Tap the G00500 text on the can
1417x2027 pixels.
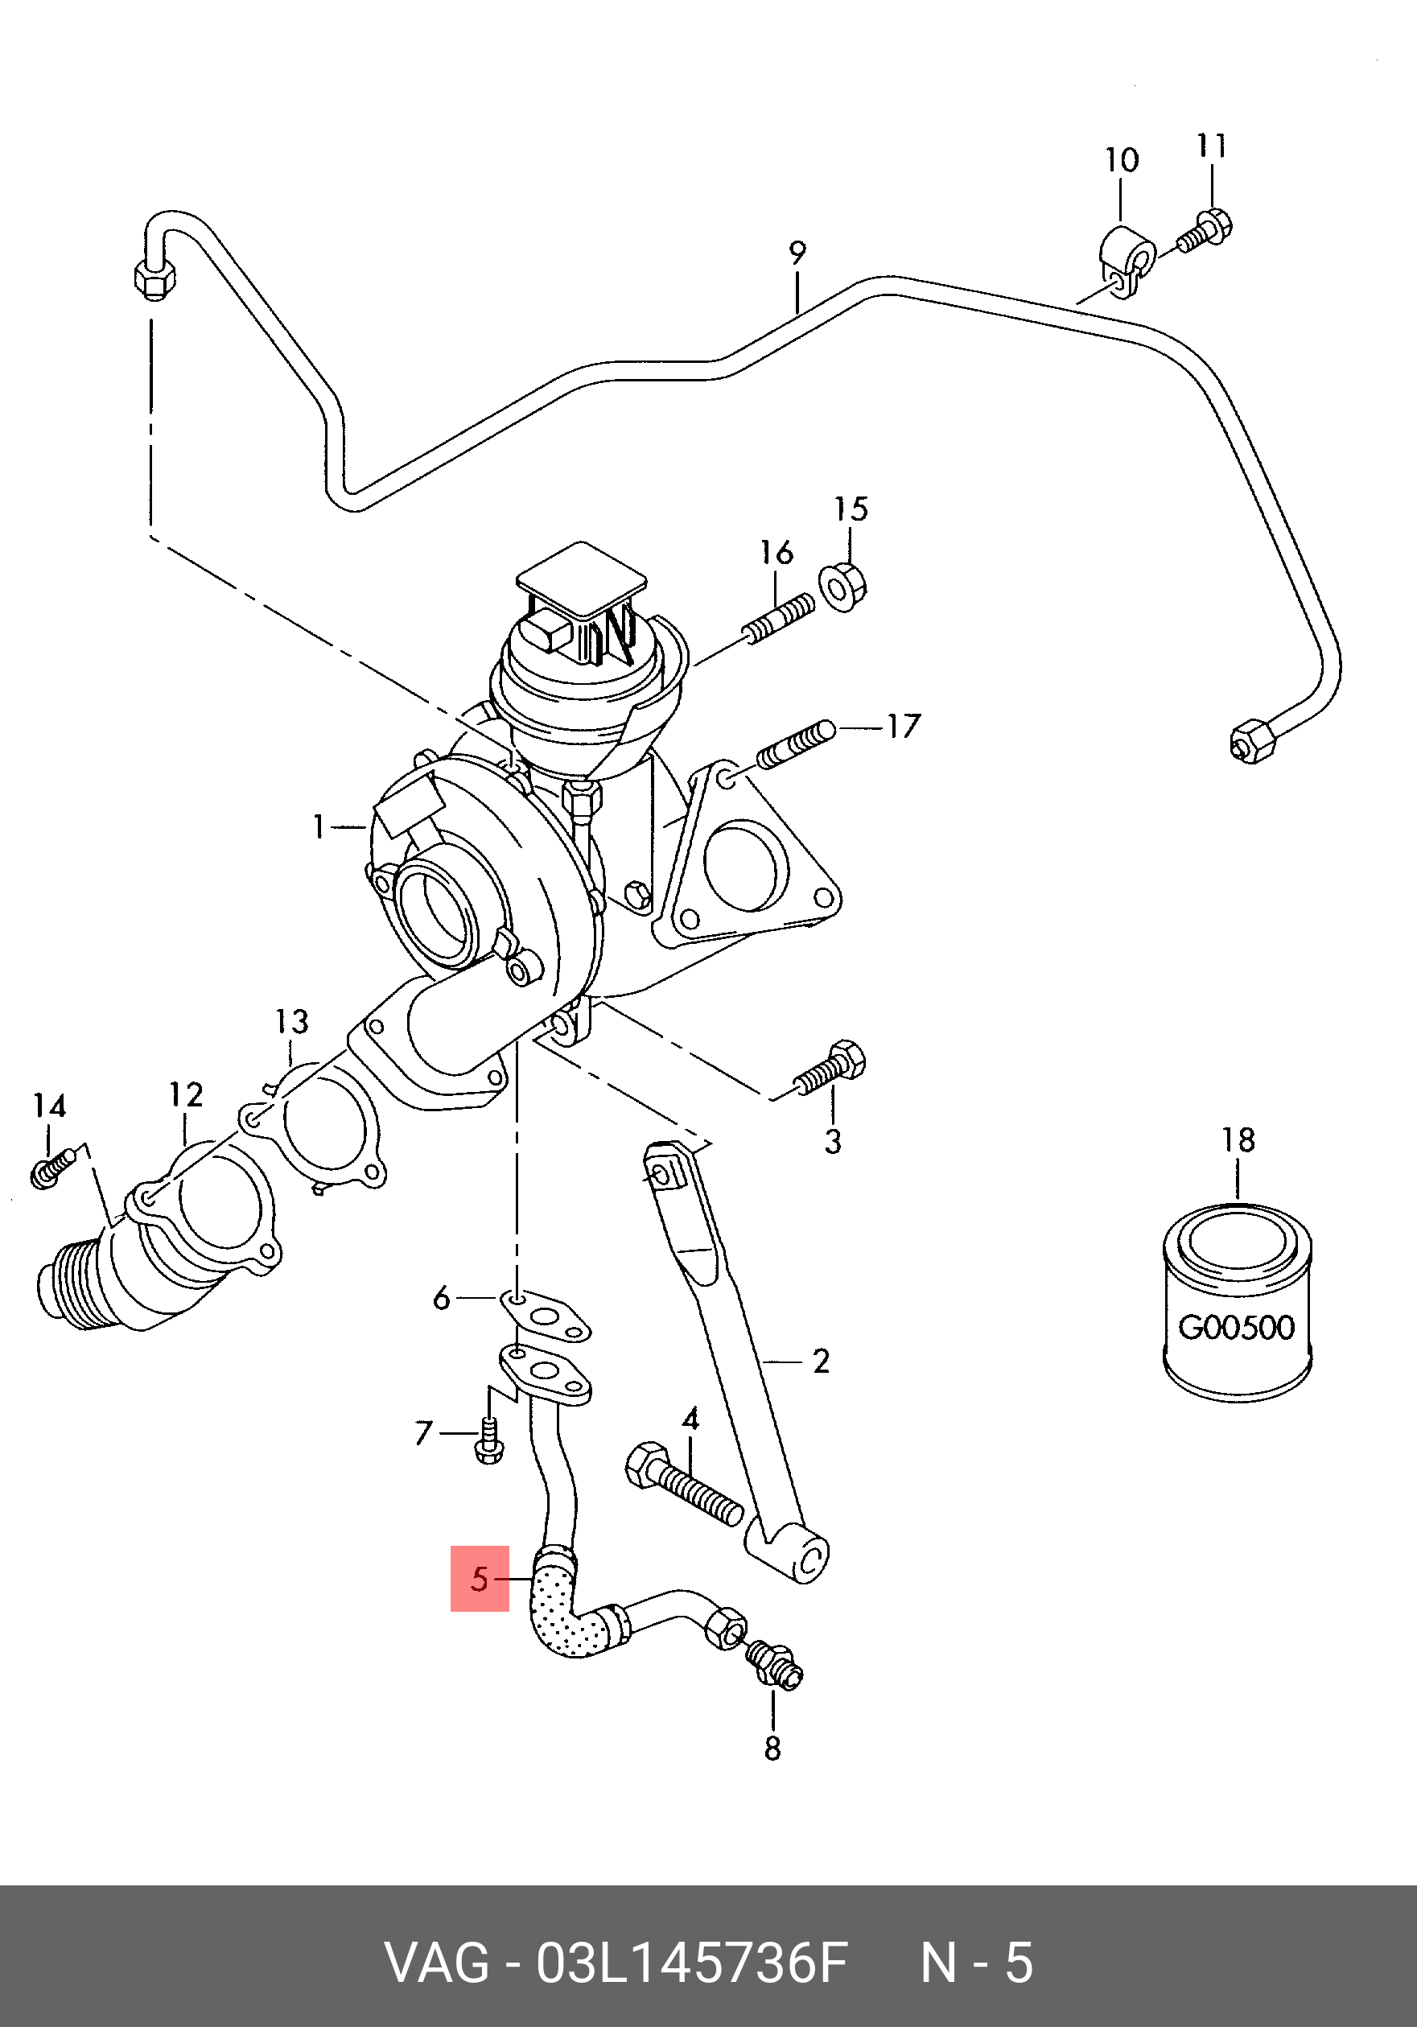1236,1327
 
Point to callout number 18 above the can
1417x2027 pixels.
1238,1139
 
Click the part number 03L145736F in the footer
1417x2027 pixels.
692,1963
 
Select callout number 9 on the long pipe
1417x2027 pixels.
797,253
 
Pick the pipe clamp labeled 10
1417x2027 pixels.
1127,262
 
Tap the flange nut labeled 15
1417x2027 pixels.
844,587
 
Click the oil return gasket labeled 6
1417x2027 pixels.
545,1315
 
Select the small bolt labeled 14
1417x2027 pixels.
54,1169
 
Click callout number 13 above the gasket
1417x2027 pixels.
291,1021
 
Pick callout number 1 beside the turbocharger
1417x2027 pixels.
319,827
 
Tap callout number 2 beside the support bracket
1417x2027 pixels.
821,1362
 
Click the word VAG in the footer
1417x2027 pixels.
437,1963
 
